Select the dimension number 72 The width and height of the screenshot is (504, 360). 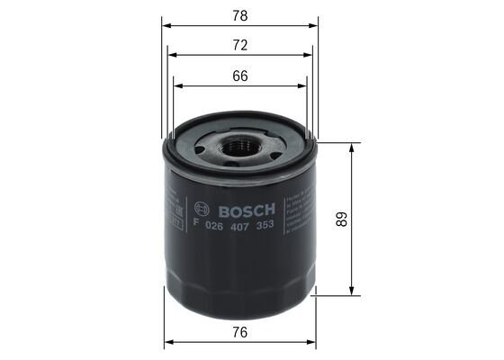point(240,46)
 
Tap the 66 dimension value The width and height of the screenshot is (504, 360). point(240,76)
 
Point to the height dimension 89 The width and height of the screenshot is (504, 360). point(340,219)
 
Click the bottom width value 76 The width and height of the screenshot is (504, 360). point(240,332)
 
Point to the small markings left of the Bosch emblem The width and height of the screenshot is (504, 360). point(174,212)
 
